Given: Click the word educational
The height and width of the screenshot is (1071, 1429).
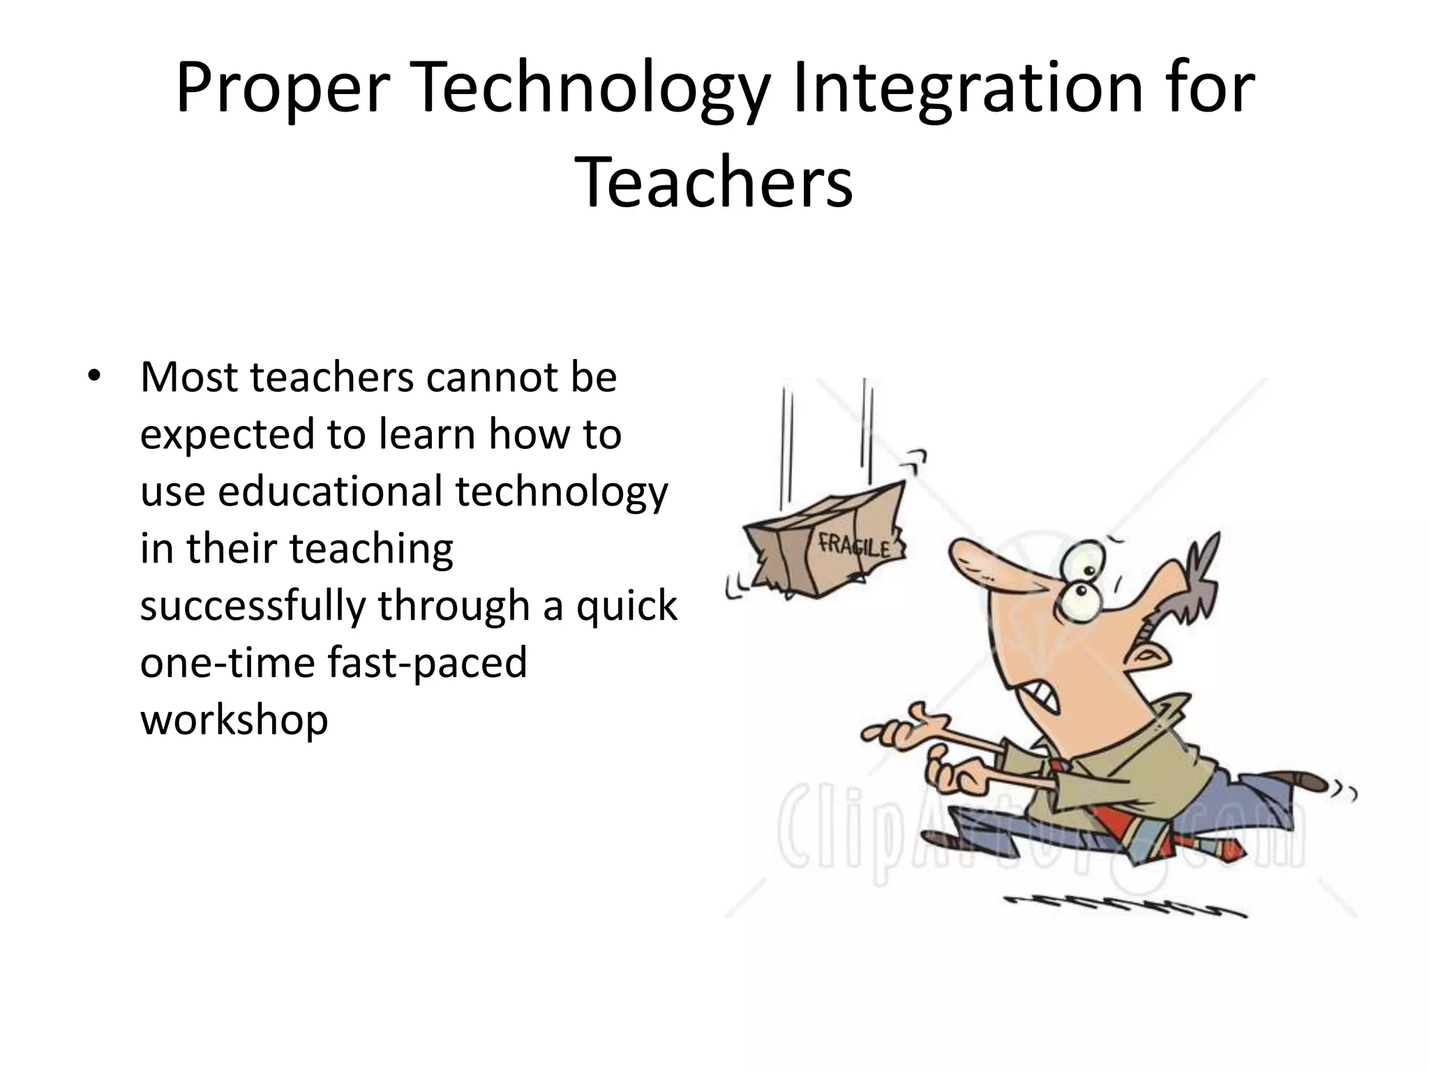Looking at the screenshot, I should pyautogui.click(x=330, y=491).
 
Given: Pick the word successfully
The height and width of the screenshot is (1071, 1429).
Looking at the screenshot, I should pyautogui.click(x=253, y=605).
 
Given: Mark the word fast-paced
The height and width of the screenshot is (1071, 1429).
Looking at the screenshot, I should pyautogui.click(x=427, y=662).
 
